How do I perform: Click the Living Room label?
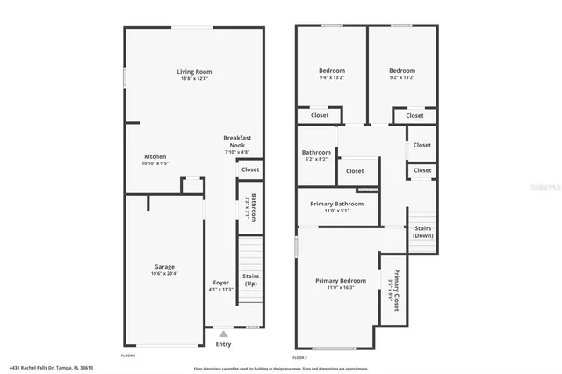pos(194,71)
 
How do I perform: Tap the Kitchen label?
pos(155,156)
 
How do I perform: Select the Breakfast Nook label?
pos(237,141)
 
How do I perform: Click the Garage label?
pos(164,266)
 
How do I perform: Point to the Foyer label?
pos(220,283)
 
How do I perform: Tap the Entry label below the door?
pos(224,343)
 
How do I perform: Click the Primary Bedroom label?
pos(340,281)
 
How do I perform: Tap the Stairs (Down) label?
pos(422,232)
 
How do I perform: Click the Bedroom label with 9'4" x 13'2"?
pos(331,70)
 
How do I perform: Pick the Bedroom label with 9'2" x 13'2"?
pos(401,70)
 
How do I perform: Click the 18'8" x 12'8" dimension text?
pos(194,80)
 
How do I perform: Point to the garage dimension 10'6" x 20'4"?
pos(164,274)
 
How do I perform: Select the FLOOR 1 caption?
pos(128,355)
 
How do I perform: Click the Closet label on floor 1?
pos(250,169)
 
